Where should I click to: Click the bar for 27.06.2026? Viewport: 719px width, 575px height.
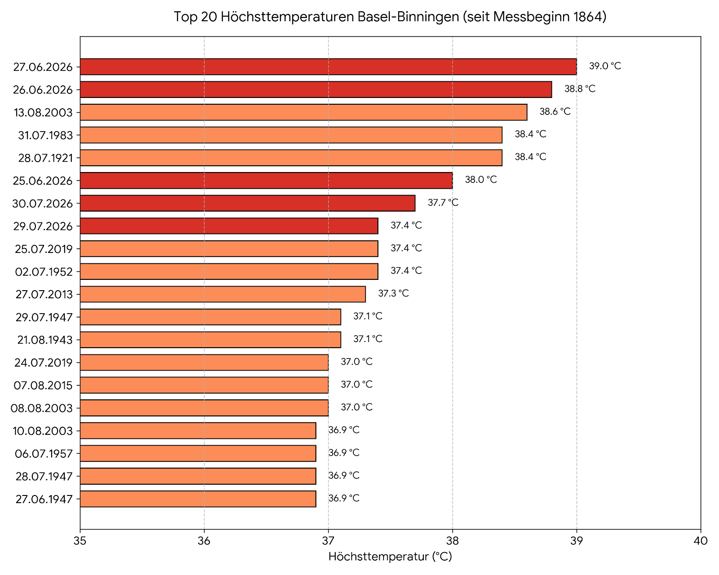[x=328, y=66]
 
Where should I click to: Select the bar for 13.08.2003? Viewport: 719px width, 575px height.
[x=303, y=112]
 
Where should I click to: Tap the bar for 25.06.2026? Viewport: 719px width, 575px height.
[x=266, y=181]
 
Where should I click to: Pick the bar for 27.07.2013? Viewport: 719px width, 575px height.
[x=223, y=294]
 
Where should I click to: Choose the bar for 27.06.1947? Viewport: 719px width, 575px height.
[x=198, y=499]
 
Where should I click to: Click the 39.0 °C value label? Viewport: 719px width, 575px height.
[x=605, y=66]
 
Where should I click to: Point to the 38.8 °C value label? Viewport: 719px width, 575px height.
[x=580, y=89]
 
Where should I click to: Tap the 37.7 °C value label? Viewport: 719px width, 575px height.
[x=443, y=203]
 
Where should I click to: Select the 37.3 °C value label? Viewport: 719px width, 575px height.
[x=394, y=293]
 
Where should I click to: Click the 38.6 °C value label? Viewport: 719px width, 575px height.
[x=555, y=111]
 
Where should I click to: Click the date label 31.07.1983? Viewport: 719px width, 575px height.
[x=45, y=135]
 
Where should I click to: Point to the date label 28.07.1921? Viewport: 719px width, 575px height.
[x=45, y=158]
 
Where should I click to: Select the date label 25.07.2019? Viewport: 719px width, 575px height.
[x=44, y=249]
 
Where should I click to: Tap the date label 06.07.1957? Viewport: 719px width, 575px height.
[x=44, y=454]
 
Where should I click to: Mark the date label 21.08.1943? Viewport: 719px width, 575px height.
[x=45, y=340]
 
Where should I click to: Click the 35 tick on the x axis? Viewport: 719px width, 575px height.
[x=80, y=541]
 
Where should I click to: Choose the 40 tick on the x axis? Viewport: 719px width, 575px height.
[x=701, y=541]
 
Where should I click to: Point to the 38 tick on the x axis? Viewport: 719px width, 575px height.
[x=453, y=541]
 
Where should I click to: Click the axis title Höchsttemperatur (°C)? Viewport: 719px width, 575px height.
[x=390, y=557]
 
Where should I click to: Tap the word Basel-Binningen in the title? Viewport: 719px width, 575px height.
[x=408, y=17]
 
